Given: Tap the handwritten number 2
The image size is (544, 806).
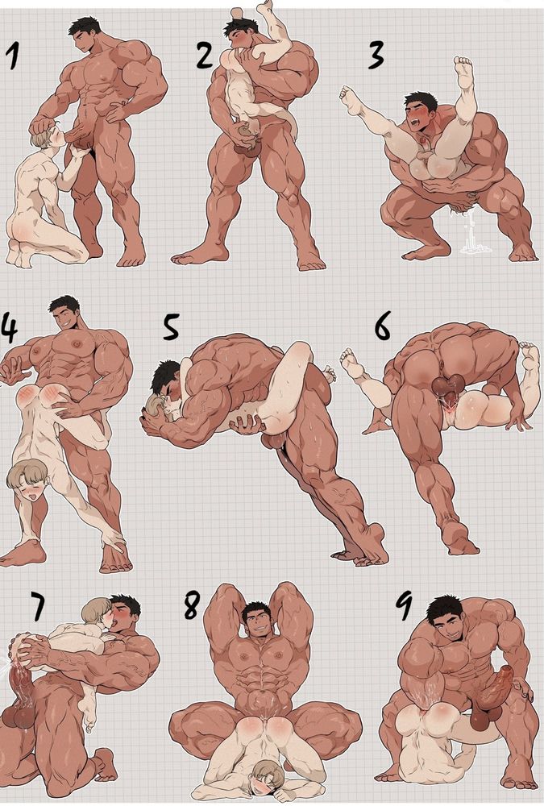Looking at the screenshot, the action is [x=205, y=55].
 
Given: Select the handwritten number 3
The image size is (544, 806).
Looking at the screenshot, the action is [x=376, y=55].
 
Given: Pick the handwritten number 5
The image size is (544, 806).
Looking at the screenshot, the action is [x=171, y=326].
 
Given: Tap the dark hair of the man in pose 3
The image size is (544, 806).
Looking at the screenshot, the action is [x=421, y=98].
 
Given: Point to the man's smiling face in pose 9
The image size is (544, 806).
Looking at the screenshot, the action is [x=446, y=629].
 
